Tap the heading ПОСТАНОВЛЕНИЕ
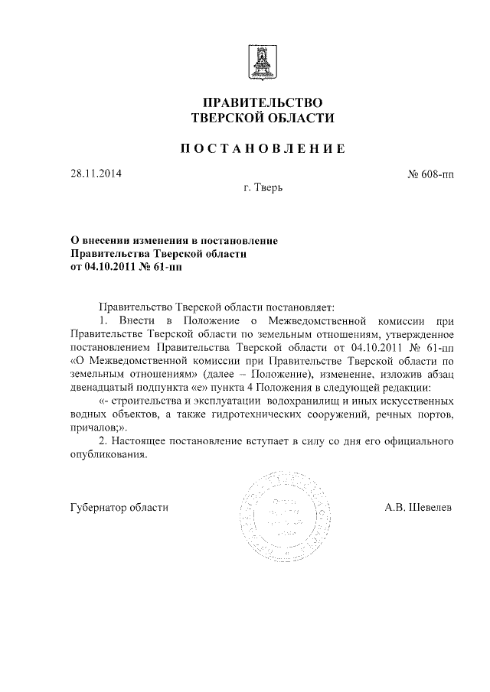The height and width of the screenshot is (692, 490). (x=263, y=148)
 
